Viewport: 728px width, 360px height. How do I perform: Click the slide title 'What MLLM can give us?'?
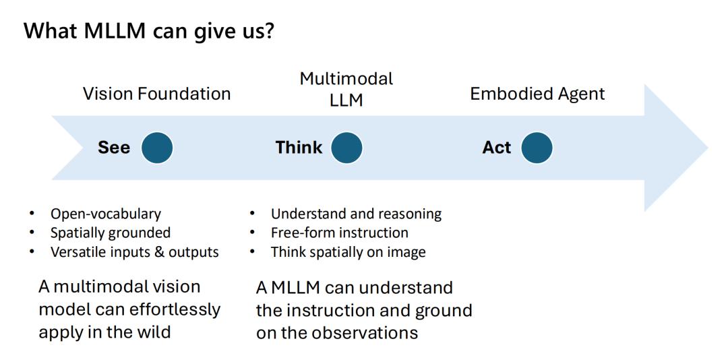coord(148,32)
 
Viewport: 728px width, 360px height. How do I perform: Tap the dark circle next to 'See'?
coord(157,148)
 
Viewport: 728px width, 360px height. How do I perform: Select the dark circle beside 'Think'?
coord(346,148)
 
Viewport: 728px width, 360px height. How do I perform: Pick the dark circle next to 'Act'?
coord(537,148)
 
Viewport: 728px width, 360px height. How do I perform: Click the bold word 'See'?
coord(114,148)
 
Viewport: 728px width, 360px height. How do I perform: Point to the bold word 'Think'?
coord(299,148)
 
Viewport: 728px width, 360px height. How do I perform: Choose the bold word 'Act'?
coord(497,148)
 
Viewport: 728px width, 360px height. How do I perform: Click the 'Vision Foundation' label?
coord(157,94)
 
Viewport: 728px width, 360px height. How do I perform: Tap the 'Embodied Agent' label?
coord(538,94)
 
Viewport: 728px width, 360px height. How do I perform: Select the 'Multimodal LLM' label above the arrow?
coord(346,89)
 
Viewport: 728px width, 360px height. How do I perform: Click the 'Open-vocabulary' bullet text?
coord(106,214)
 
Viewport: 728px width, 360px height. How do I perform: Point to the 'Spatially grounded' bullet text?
coord(111,233)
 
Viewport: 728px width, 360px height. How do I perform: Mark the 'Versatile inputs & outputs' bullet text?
coord(135,251)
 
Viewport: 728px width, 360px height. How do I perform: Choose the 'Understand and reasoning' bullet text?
coord(356,214)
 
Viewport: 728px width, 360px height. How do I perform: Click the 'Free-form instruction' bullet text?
coord(340,233)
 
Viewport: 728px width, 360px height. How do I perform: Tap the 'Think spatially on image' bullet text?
coord(348,252)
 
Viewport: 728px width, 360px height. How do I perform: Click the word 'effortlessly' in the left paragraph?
coord(173,310)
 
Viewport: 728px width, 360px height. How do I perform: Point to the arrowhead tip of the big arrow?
coord(708,148)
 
